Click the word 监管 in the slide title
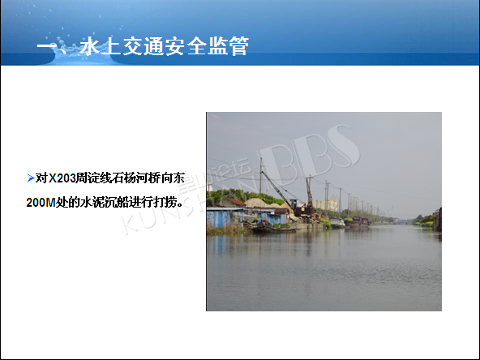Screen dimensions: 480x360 [228, 46]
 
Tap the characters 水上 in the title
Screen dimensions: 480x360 [101, 46]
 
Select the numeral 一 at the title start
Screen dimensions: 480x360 [45, 47]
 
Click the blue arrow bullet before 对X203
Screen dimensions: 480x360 [30, 178]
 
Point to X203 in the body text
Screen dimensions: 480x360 [62, 178]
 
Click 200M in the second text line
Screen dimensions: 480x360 [41, 203]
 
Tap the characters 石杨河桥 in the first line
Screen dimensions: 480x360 [135, 178]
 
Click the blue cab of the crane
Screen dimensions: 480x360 [294, 204]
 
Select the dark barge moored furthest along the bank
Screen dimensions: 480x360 [358, 222]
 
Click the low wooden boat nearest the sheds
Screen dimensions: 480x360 [272, 228]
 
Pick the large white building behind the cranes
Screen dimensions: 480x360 [325, 205]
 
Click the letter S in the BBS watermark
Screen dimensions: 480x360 [340, 146]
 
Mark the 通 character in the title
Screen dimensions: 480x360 [153, 46]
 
